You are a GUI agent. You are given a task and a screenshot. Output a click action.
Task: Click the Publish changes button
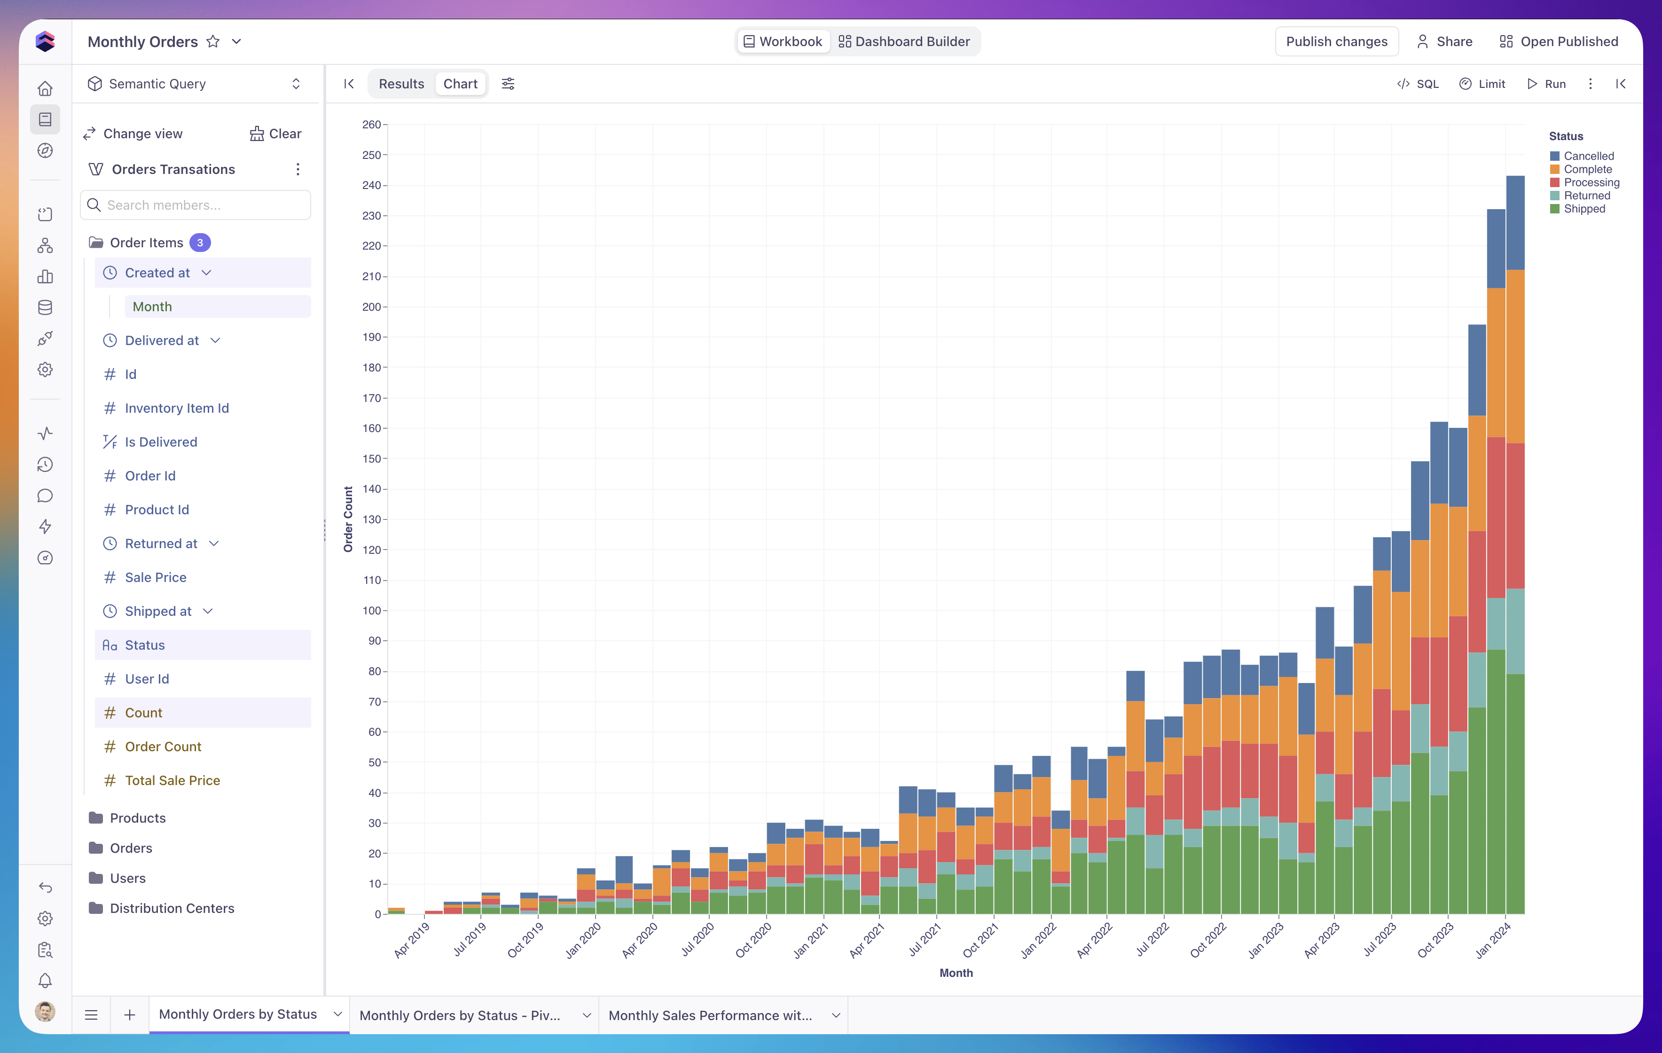click(x=1336, y=41)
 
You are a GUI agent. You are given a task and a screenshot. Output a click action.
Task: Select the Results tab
click(x=401, y=84)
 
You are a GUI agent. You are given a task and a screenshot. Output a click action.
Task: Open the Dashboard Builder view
click(x=904, y=41)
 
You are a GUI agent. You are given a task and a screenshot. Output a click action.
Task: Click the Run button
click(x=1547, y=84)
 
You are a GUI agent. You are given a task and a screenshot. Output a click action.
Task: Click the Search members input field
click(x=196, y=205)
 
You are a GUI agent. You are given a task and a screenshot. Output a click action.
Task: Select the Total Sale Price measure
click(x=172, y=780)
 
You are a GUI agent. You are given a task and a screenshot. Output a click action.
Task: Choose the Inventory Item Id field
click(x=177, y=408)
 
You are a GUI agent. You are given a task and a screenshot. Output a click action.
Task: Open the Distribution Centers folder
click(x=172, y=908)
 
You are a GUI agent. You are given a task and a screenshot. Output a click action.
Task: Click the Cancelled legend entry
click(x=1582, y=156)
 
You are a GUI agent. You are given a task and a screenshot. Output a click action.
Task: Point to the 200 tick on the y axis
click(x=371, y=306)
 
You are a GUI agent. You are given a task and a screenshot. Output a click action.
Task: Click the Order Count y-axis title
click(x=348, y=519)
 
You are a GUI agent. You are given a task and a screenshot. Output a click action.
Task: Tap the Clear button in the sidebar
click(x=275, y=133)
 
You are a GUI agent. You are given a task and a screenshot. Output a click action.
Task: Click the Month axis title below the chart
click(x=956, y=973)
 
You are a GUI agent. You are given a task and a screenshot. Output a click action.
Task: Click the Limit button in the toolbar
click(x=1482, y=84)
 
